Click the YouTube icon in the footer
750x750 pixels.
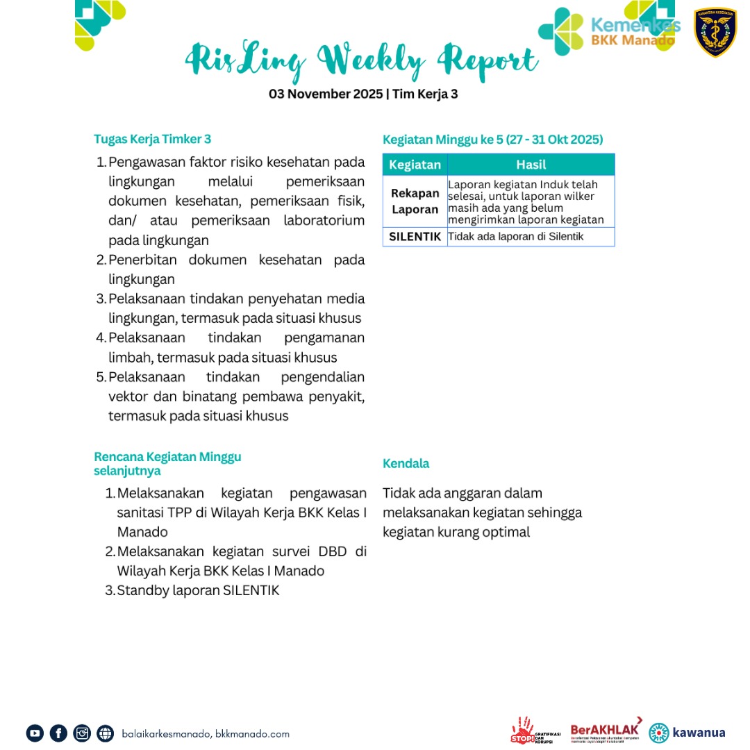point(35,733)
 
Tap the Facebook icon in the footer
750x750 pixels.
point(58,733)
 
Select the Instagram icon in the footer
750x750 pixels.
point(82,733)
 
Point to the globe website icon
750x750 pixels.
point(106,733)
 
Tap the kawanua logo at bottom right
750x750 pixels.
point(687,733)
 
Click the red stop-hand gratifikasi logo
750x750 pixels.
point(531,731)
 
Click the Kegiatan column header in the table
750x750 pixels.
point(415,165)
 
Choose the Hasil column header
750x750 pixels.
point(531,165)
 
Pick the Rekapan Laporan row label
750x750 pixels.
point(415,201)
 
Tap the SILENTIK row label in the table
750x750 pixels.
point(415,237)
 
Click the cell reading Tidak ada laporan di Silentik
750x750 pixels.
point(516,237)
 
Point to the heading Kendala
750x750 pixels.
point(406,463)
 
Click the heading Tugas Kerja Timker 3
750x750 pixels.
point(152,139)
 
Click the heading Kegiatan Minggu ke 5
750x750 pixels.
point(493,140)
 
